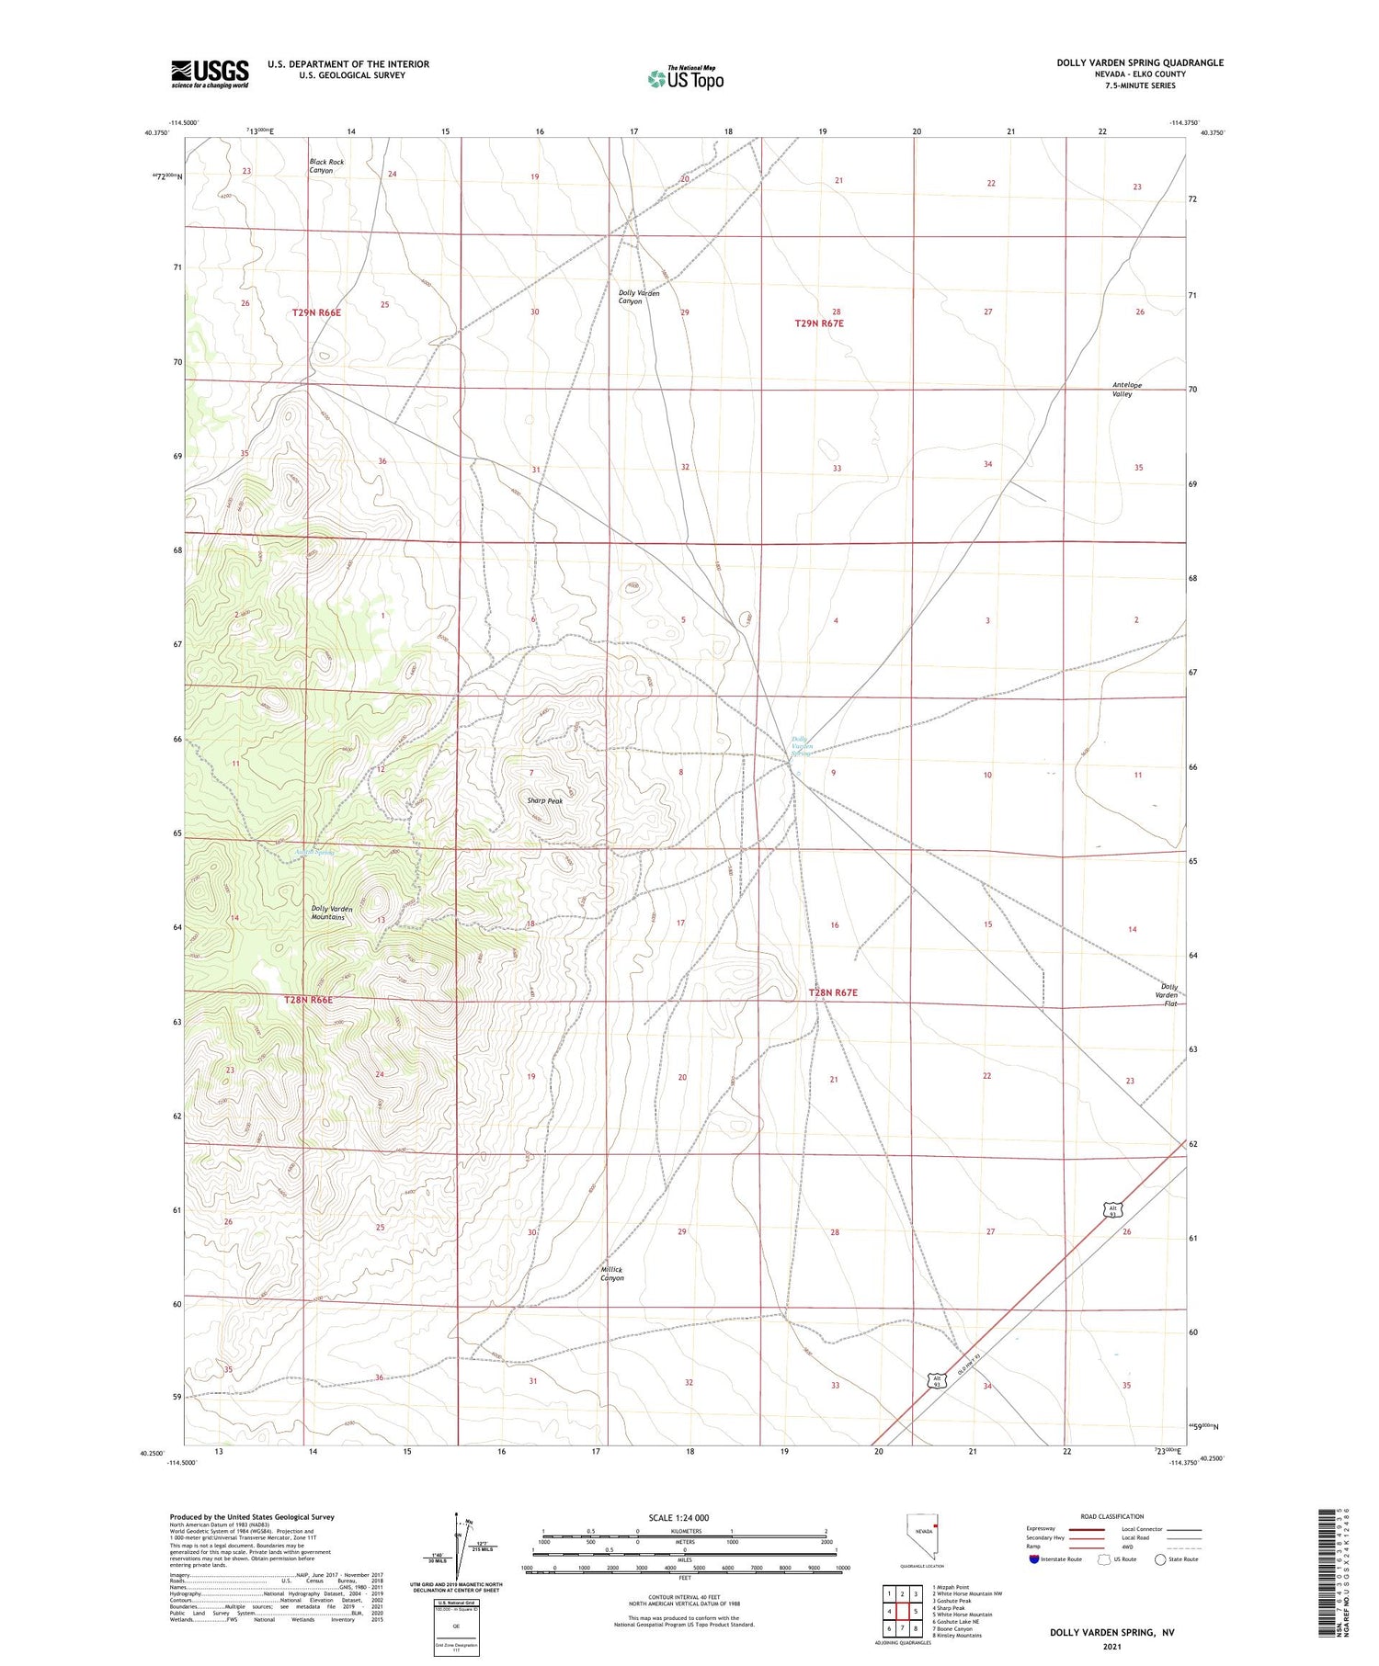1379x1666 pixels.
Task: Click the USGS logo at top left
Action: point(210,74)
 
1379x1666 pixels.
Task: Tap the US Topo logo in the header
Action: point(685,78)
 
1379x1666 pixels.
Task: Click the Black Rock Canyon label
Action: point(326,166)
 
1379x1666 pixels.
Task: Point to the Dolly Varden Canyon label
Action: point(638,297)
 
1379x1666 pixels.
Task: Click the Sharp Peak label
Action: point(544,800)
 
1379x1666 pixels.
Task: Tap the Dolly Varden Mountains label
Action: point(332,912)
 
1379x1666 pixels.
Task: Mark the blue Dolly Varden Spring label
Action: point(802,746)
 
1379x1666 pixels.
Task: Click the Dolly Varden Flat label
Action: point(1167,994)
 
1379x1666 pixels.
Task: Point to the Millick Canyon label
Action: point(612,1274)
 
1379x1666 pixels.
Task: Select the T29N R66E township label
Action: point(316,313)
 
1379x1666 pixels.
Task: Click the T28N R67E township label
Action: point(832,992)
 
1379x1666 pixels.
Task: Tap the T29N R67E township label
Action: point(818,323)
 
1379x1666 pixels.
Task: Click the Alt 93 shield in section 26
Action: point(1112,1210)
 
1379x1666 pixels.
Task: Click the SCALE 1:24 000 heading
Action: point(678,1517)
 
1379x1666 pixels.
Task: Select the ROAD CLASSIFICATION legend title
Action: point(1112,1516)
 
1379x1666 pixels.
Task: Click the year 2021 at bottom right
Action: point(1111,1646)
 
